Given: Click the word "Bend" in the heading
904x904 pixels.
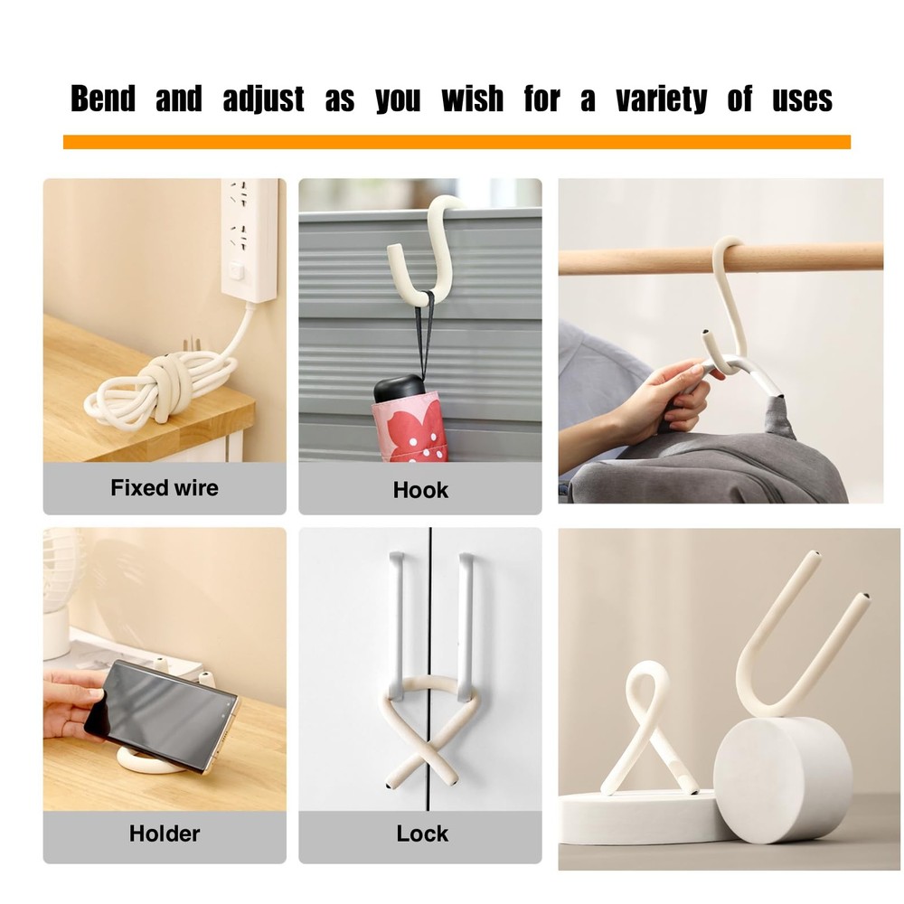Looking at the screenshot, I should pyautogui.click(x=102, y=99).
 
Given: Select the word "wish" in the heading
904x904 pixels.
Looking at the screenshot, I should pyautogui.click(x=472, y=99).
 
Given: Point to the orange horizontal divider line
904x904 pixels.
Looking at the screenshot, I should pyautogui.click(x=457, y=142).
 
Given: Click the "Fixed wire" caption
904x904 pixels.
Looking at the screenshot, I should pyautogui.click(x=165, y=488).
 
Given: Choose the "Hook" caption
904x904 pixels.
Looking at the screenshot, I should pyautogui.click(x=420, y=490).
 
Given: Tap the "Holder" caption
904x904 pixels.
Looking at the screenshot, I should pyautogui.click(x=165, y=833).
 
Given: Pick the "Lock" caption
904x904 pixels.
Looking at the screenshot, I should pyautogui.click(x=422, y=833).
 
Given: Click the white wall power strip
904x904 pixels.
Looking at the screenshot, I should pyautogui.click(x=250, y=239).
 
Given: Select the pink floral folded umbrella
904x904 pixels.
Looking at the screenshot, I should pyautogui.click(x=412, y=428).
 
